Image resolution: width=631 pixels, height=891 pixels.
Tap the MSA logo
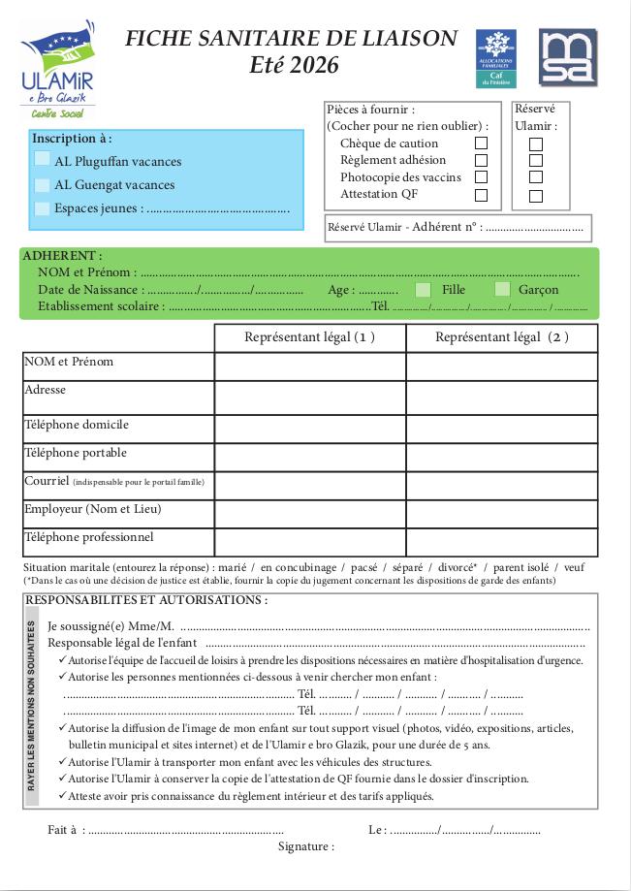[567, 58]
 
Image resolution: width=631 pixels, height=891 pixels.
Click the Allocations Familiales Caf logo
[495, 58]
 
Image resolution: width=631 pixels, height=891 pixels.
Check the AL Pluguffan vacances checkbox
[43, 159]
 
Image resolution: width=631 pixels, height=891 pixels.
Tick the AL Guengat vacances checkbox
[43, 183]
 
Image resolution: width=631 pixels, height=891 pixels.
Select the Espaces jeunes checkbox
[43, 207]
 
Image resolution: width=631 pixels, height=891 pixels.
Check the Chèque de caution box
[481, 143]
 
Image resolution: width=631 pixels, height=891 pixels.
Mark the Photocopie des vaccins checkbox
[481, 177]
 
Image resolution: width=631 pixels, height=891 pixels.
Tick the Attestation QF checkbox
[481, 195]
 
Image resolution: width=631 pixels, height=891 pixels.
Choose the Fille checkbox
[423, 289]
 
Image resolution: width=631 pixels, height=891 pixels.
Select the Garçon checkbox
[502, 289]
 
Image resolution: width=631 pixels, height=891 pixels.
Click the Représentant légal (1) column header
[309, 337]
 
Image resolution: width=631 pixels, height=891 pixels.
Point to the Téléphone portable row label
[76, 453]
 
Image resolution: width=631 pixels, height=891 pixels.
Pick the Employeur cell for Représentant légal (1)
[309, 513]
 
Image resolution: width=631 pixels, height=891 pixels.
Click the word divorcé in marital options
[456, 567]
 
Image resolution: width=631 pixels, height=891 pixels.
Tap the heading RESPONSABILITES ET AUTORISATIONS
[145, 600]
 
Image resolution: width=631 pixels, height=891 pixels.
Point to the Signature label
[305, 846]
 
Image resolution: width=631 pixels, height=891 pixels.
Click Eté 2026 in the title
[294, 65]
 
